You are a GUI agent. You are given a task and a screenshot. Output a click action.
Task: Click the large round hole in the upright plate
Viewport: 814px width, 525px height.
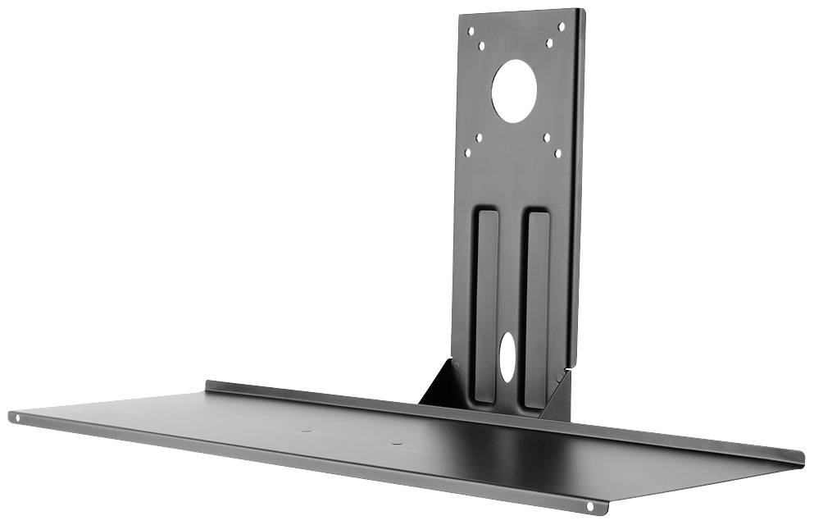tap(515, 93)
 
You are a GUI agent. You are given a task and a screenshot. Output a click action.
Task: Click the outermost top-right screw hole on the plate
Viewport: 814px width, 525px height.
tap(562, 27)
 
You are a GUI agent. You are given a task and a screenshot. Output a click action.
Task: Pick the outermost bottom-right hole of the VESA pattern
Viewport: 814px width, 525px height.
tap(559, 152)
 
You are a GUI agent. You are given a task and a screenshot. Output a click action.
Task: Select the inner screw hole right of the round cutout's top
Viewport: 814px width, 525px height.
tap(548, 43)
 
